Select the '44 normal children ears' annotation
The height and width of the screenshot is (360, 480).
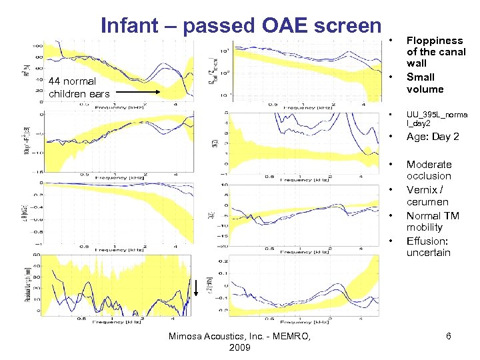click(79, 87)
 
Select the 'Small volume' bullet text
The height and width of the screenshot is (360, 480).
click(425, 83)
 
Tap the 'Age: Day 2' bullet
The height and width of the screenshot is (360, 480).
click(433, 137)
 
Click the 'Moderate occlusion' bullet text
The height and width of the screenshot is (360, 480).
click(429, 170)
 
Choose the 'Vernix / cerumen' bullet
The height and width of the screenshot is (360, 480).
click(427, 195)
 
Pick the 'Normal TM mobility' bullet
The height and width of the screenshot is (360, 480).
click(433, 221)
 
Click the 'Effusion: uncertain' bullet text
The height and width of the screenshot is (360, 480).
click(429, 247)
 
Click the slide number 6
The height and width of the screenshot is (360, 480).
click(449, 337)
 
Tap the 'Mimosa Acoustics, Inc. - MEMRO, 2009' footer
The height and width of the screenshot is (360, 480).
click(239, 343)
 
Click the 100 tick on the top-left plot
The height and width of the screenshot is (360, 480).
click(38, 46)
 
